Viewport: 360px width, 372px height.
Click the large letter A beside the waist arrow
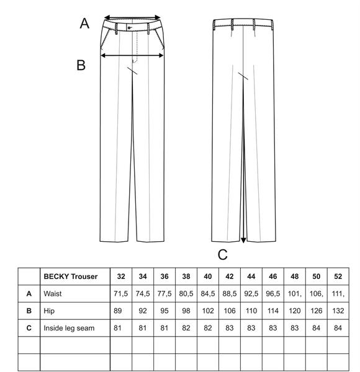[x=84, y=24]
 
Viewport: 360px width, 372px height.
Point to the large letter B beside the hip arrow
[x=81, y=64]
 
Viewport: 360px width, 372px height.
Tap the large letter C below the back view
[x=222, y=255]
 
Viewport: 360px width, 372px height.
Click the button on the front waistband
[x=129, y=28]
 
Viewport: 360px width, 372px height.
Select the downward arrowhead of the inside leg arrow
[x=243, y=240]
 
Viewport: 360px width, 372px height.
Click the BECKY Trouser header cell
[x=71, y=277]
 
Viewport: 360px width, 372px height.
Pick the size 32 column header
[x=121, y=277]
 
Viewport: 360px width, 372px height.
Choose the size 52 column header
[x=338, y=277]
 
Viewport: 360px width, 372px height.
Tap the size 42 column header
[x=230, y=277]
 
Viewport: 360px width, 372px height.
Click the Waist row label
[x=53, y=294]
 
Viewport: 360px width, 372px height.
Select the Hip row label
[x=49, y=311]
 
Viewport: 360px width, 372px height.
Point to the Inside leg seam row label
[x=69, y=328]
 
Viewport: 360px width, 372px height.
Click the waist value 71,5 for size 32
[x=120, y=294]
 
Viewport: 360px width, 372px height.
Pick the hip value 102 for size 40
[x=208, y=311]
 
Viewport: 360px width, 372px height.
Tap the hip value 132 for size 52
[x=338, y=311]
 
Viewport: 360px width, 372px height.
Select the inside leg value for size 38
[x=186, y=328]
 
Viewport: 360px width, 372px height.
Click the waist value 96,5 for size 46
[x=273, y=294]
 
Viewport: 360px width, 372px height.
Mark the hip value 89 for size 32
[x=118, y=311]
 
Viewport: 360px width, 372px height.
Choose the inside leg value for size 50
[x=317, y=328]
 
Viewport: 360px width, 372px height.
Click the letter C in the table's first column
[x=29, y=328]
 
